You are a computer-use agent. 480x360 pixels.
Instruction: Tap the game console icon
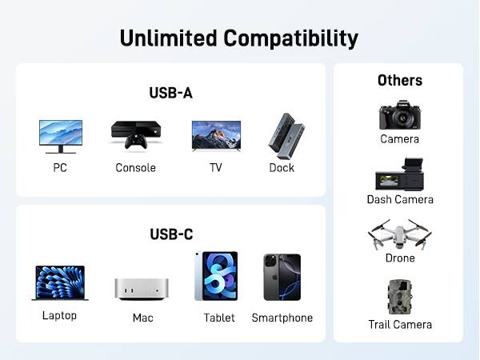(x=135, y=134)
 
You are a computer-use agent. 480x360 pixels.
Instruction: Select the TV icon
(x=216, y=134)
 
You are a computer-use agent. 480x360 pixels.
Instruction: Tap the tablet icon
(x=216, y=276)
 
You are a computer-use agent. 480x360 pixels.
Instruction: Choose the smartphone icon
(x=282, y=278)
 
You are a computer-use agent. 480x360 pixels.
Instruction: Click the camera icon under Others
(x=399, y=114)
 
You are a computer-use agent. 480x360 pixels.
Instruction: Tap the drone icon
(x=400, y=235)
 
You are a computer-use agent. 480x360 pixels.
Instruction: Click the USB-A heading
(x=170, y=93)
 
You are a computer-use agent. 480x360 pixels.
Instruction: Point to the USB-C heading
(x=170, y=234)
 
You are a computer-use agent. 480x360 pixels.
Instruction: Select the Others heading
(x=400, y=80)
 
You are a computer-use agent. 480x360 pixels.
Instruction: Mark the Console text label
(x=135, y=168)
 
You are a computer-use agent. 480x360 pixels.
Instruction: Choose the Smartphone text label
(x=282, y=318)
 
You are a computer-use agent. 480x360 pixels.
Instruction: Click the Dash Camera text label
(x=400, y=199)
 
